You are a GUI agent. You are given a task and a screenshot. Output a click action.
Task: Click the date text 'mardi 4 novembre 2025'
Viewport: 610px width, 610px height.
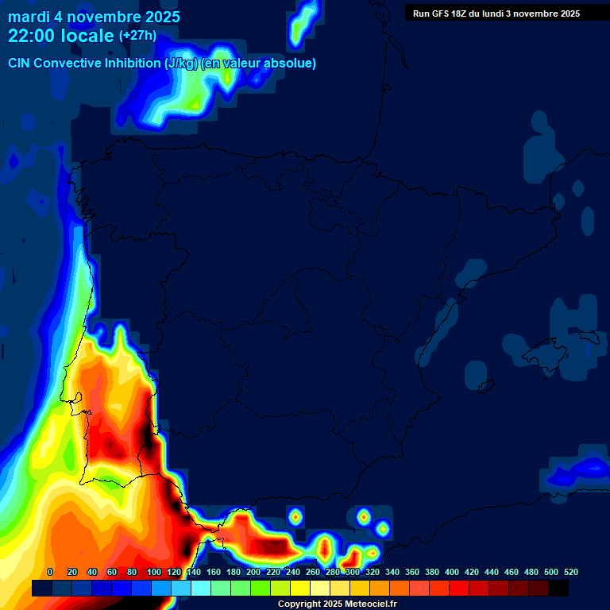tap(94, 17)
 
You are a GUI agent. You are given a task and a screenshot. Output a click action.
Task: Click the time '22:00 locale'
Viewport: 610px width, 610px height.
tap(60, 36)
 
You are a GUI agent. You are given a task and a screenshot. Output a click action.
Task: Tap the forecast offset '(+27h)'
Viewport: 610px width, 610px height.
tap(137, 36)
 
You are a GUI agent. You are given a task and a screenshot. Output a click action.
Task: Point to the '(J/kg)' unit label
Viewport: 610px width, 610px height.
tap(181, 64)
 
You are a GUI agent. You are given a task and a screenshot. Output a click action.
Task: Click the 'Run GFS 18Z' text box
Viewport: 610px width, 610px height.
tap(496, 14)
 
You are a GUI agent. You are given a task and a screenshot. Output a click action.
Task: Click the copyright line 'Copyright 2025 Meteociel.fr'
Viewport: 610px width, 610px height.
tap(337, 604)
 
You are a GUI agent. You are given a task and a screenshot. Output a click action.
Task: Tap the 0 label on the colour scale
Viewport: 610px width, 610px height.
tap(50, 572)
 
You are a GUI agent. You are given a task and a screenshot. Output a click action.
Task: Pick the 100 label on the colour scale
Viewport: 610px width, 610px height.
tap(154, 572)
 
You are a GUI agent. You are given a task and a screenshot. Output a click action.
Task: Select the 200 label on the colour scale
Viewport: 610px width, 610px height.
tap(253, 572)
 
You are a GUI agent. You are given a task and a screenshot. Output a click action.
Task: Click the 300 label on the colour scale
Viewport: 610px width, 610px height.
tap(353, 572)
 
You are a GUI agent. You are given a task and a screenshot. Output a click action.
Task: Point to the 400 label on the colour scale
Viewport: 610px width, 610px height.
tap(452, 572)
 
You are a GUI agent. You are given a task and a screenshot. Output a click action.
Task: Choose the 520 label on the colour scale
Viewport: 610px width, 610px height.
tap(570, 572)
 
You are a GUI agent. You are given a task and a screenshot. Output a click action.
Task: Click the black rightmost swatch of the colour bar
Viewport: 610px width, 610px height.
tap(558, 589)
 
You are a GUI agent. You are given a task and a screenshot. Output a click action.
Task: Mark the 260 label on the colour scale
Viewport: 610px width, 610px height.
tap(313, 572)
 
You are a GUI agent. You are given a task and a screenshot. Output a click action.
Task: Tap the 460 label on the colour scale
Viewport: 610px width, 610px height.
tap(512, 572)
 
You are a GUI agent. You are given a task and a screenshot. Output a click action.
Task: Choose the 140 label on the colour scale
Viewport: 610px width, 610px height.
tap(194, 572)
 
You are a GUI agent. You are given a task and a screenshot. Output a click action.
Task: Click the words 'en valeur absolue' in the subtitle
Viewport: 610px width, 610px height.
tap(261, 64)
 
